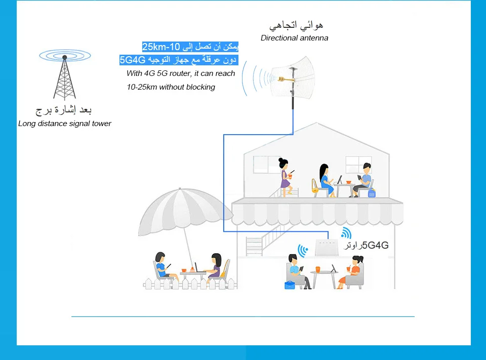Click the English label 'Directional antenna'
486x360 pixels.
pyautogui.click(x=294, y=38)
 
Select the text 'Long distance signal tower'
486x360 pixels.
pyautogui.click(x=64, y=124)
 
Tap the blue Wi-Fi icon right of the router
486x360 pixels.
pyautogui.click(x=346, y=233)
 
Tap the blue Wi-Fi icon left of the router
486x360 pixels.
pyautogui.click(x=303, y=250)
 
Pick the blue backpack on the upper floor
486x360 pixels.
pyautogui.click(x=372, y=193)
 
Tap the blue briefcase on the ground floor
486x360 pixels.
pyautogui.click(x=290, y=285)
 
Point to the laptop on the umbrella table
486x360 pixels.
pyautogui.click(x=196, y=267)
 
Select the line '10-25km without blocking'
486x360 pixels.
pyautogui.click(x=171, y=87)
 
